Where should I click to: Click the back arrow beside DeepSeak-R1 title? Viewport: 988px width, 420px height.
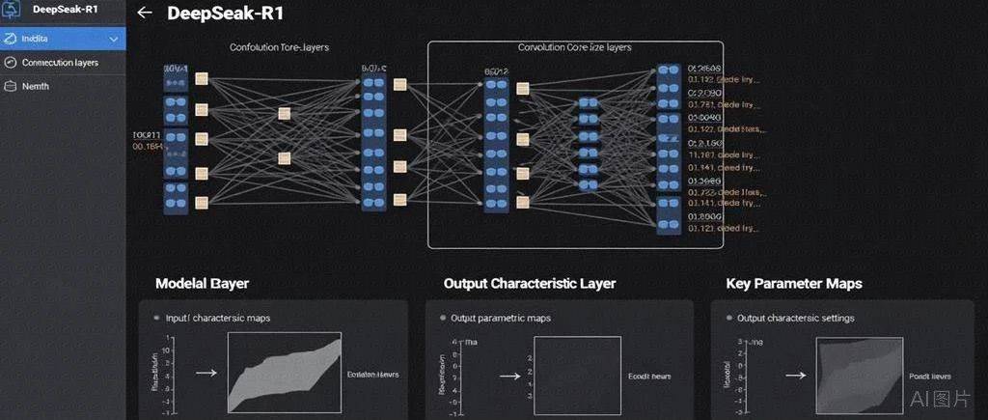145,14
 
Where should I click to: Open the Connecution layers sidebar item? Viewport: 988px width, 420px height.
60,63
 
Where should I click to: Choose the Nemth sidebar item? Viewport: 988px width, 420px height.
36,86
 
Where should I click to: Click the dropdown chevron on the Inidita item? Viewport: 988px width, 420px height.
114,40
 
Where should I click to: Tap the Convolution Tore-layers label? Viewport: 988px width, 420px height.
279,46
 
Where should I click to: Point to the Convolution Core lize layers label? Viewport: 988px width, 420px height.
574,46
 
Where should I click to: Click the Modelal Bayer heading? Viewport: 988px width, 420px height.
203,284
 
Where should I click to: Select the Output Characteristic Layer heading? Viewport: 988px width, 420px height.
529,284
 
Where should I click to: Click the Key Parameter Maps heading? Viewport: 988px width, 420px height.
793,284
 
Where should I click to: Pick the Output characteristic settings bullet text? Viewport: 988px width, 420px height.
795,318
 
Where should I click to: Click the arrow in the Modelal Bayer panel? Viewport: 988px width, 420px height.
206,371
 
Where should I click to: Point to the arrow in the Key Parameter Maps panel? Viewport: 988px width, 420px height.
795,375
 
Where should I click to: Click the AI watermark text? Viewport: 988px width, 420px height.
942,399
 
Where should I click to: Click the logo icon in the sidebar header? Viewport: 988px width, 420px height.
12,11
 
